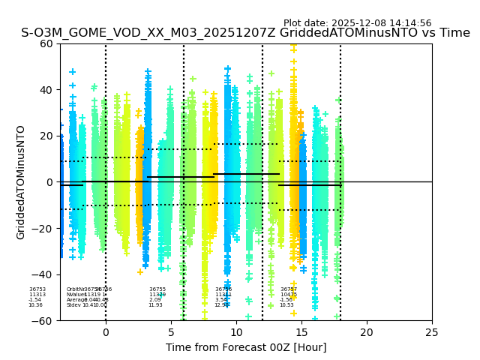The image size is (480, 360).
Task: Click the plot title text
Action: [x=245, y=33]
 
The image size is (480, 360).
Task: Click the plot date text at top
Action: [x=357, y=23]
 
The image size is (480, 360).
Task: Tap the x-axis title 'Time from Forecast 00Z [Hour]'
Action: [x=246, y=347]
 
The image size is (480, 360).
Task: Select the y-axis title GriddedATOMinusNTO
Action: [x=21, y=182]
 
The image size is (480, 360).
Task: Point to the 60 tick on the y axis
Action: [x=47, y=43]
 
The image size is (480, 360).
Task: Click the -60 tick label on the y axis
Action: [x=44, y=320]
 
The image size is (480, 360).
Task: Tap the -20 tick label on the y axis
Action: [x=44, y=228]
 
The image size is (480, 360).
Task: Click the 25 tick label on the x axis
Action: [x=432, y=332]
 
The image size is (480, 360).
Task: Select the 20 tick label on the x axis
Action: [x=367, y=332]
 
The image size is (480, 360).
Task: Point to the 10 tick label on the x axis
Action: [x=236, y=332]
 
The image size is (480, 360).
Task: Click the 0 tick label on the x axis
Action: [x=106, y=332]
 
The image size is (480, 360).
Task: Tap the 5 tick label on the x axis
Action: [x=171, y=332]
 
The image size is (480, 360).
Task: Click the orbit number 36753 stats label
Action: [x=37, y=289]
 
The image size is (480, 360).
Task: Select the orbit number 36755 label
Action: [x=157, y=289]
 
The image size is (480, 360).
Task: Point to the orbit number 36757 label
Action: [x=289, y=289]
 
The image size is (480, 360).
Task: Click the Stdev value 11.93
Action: [x=155, y=305]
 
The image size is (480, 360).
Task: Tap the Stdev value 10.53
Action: [x=286, y=305]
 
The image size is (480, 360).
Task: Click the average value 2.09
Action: [x=154, y=300]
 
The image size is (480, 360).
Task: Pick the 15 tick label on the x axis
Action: [x=301, y=332]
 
